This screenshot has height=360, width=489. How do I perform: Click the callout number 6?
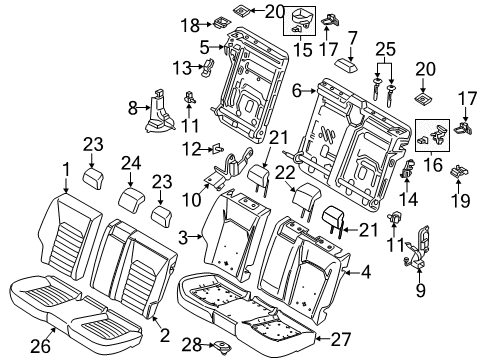pyautogui.click(x=205, y=45)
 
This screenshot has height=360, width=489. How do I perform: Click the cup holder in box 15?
pyautogui.click(x=300, y=19)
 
